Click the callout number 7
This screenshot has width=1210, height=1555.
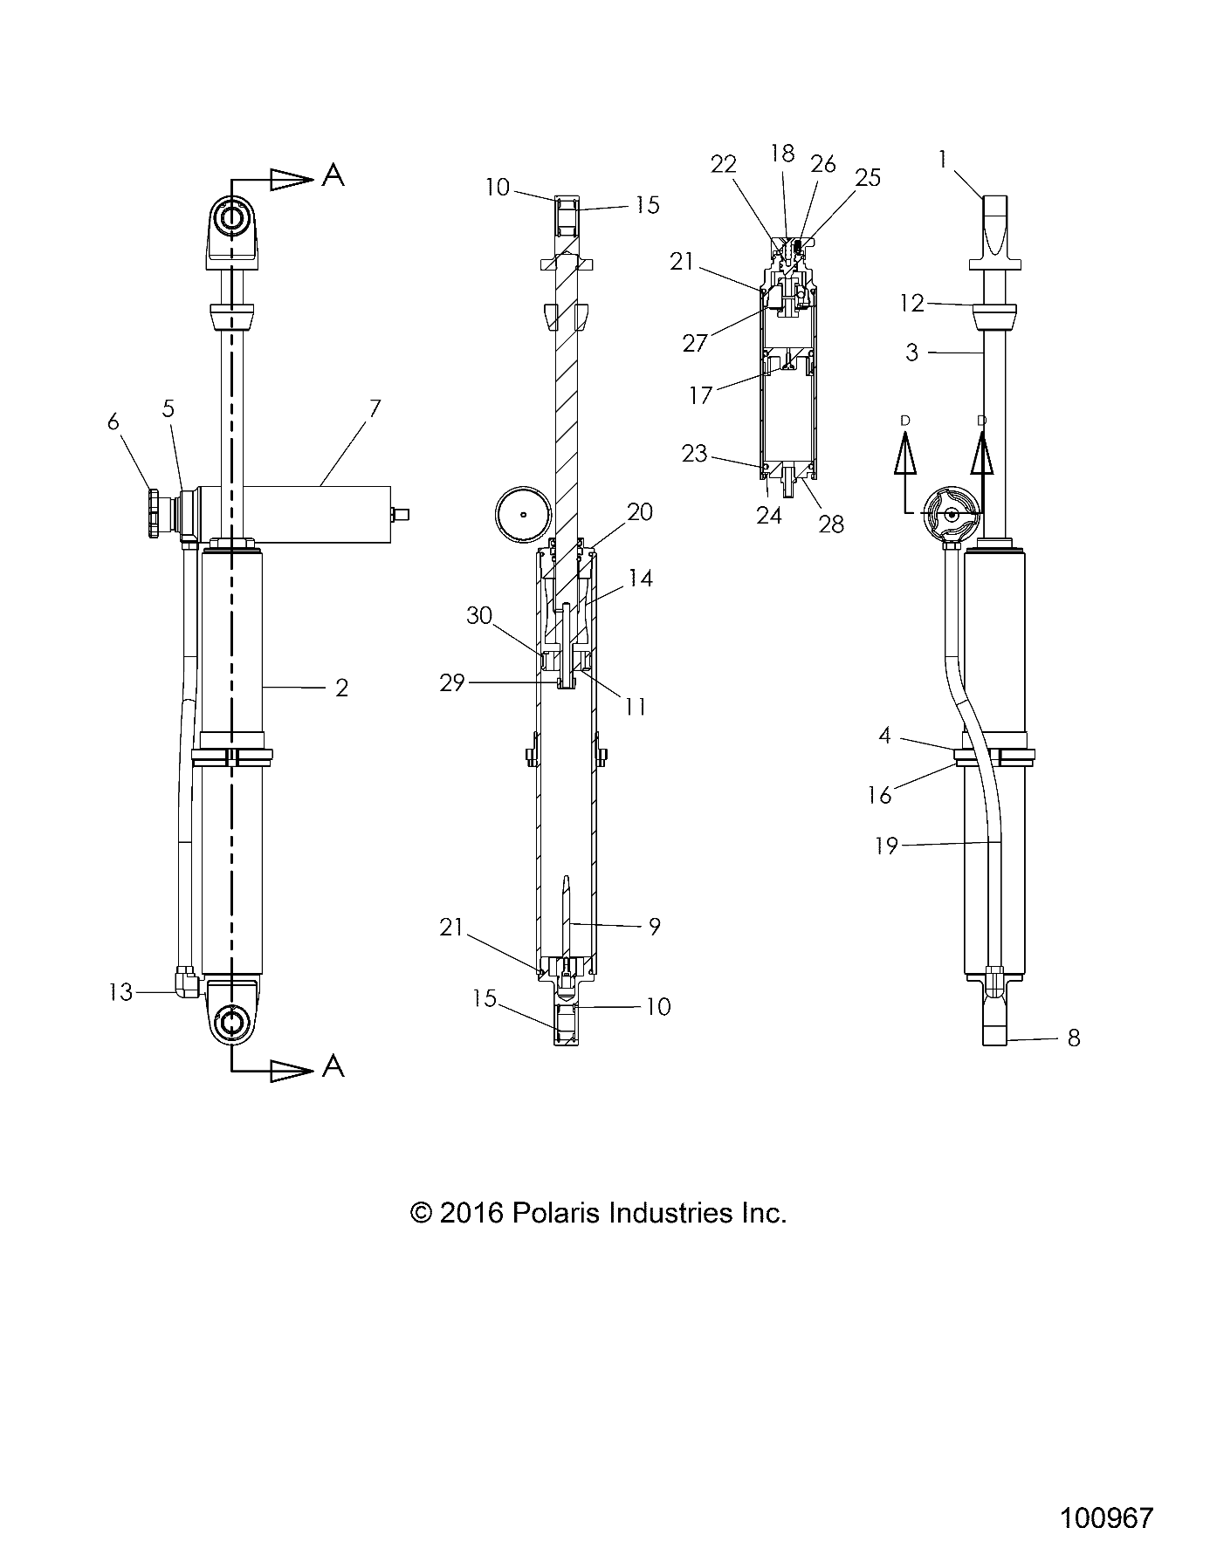point(375,408)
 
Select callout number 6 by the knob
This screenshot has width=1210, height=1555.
point(113,421)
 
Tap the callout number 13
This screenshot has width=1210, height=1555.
point(120,992)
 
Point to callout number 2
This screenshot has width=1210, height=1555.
point(341,688)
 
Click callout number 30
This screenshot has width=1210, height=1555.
point(479,615)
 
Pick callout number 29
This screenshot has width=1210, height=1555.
point(452,683)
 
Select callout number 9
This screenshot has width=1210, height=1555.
point(654,926)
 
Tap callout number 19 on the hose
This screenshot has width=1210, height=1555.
point(886,845)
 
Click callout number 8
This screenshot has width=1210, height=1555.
point(1074,1038)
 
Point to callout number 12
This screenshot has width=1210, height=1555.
point(911,303)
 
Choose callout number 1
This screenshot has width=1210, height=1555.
point(943,159)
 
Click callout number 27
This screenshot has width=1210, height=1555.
point(695,343)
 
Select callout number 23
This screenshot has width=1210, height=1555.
point(695,454)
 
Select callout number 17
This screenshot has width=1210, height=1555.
point(701,395)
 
